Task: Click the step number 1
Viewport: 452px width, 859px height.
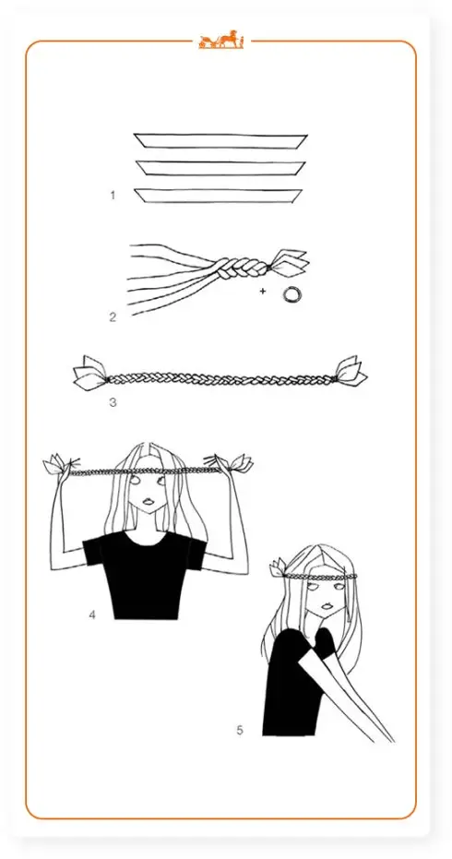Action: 113,195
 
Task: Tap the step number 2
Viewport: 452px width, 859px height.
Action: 113,316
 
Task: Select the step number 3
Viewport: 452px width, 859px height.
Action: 113,402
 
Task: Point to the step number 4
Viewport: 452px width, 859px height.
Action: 92,615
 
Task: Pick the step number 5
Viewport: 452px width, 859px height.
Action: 240,730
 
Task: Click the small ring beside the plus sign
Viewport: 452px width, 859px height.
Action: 292,294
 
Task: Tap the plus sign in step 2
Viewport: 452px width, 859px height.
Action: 263,291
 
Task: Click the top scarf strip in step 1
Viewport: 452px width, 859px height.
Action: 220,141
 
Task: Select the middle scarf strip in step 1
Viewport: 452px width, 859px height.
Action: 220,168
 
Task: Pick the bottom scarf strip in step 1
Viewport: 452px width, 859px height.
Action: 218,196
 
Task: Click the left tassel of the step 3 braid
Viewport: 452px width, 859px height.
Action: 90,374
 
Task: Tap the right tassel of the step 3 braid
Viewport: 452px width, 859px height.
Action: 350,372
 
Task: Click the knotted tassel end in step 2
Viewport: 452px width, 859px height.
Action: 289,262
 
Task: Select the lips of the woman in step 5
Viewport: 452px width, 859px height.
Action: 328,607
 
